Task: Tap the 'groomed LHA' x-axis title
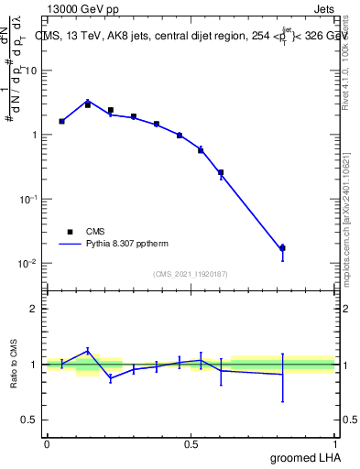click(304, 457)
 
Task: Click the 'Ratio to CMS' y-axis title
click(14, 365)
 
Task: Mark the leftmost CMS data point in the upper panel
click(61, 121)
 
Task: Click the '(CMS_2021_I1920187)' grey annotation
click(191, 273)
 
